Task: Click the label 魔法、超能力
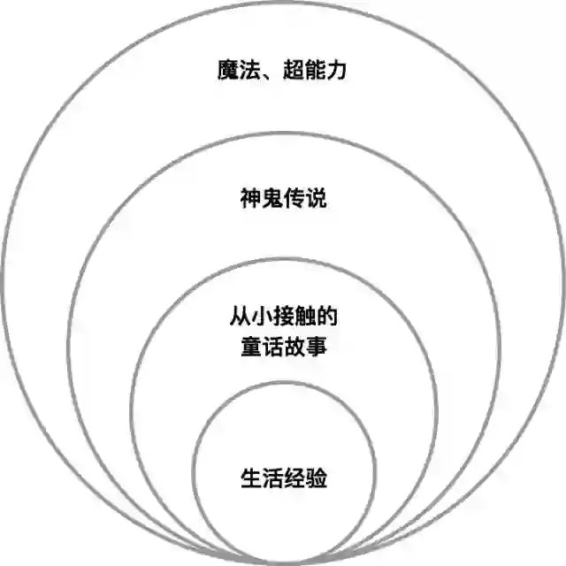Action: (282, 69)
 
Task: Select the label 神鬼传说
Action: (283, 197)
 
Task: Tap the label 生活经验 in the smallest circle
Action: (283, 478)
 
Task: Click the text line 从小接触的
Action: (283, 315)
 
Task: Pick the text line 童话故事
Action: (283, 346)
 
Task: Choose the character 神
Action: (250, 197)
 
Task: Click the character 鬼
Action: (272, 197)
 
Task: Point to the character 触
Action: (305, 315)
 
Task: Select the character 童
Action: (250, 346)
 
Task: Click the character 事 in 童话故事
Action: (316, 346)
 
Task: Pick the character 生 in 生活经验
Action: (250, 478)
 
